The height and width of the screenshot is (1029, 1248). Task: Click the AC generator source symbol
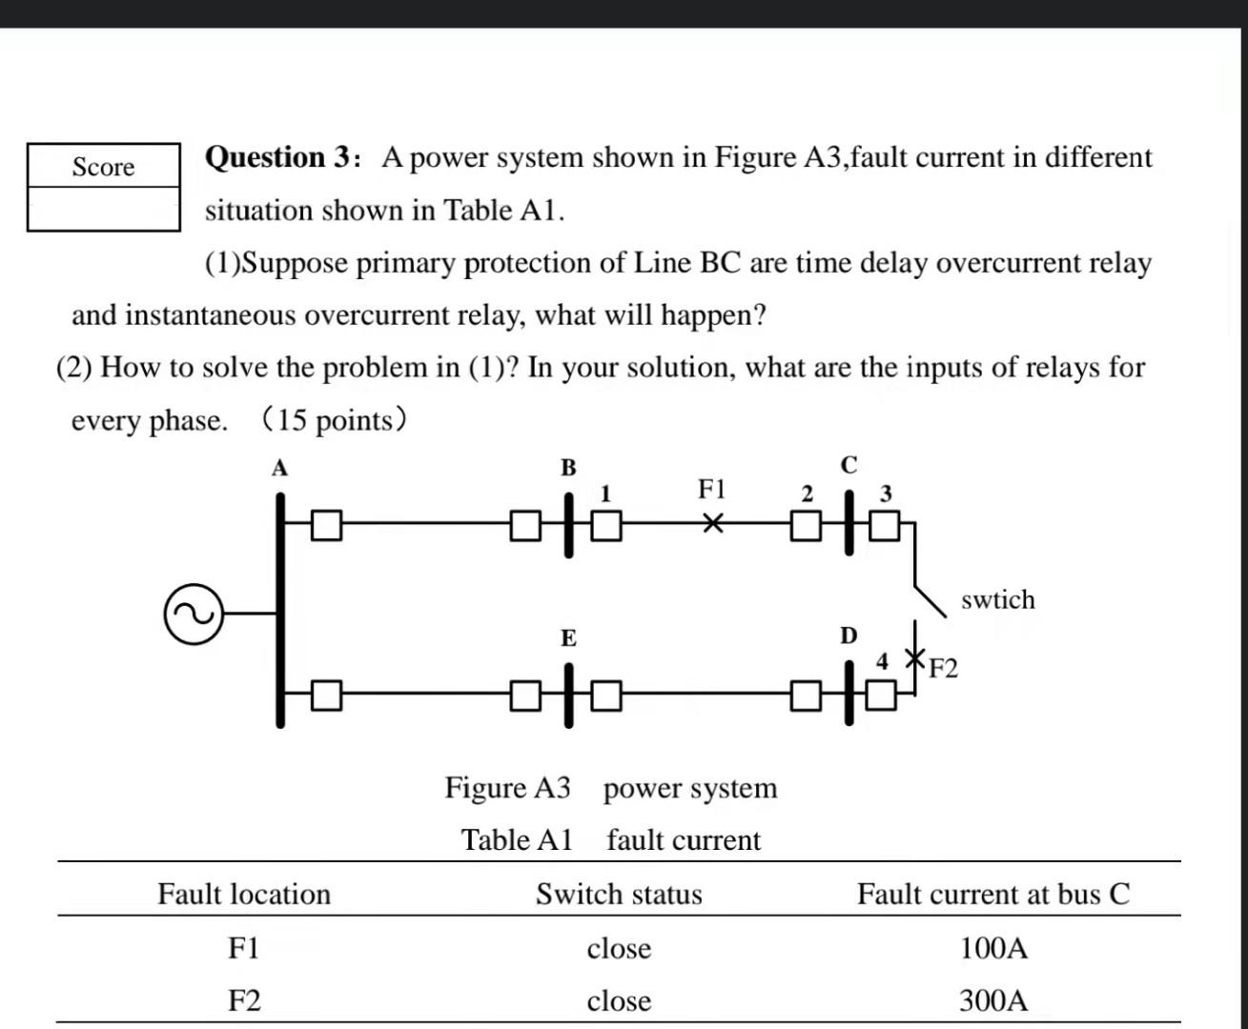point(194,614)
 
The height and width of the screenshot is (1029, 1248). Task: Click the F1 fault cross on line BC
point(713,524)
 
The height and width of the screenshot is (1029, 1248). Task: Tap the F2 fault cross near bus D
point(915,657)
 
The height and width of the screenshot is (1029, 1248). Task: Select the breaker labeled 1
point(607,525)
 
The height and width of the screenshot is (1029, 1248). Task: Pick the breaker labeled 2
point(806,525)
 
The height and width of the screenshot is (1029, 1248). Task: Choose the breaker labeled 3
point(885,525)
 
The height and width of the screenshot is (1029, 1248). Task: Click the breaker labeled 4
point(882,696)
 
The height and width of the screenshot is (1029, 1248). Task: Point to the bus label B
point(568,468)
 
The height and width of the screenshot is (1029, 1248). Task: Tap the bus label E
point(568,638)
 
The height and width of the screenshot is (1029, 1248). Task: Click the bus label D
point(849,636)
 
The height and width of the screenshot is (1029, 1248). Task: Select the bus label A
point(279,468)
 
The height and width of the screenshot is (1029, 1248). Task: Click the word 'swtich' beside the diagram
point(997,600)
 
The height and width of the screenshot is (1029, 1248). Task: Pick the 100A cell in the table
point(993,948)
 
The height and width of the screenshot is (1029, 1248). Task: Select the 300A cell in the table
point(993,1000)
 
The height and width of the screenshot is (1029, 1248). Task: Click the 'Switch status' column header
point(619,894)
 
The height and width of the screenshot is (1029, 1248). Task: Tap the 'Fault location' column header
point(244,894)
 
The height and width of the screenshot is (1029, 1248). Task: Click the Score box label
point(104,167)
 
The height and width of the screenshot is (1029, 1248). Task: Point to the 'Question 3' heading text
point(280,157)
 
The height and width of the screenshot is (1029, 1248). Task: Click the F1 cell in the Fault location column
point(244,948)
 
